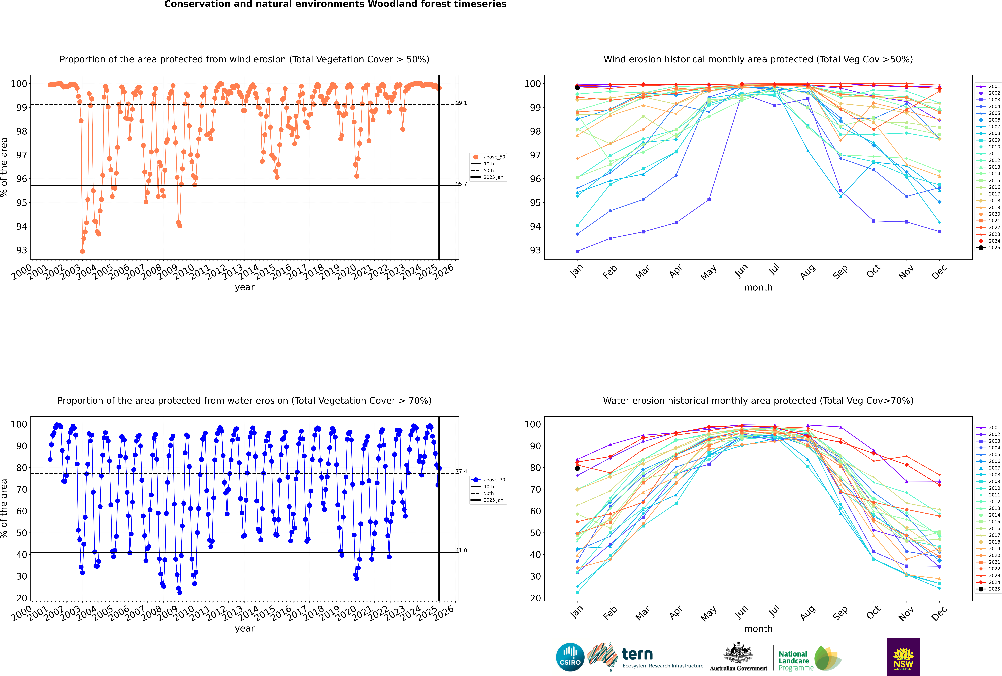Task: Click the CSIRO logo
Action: (x=570, y=657)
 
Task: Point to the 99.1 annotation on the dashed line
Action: (x=461, y=103)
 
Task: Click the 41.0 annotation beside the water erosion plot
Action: (x=461, y=550)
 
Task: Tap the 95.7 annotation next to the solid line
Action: (x=461, y=184)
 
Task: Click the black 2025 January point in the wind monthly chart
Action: (x=577, y=88)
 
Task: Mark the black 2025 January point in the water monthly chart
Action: (x=577, y=468)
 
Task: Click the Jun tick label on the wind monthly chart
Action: (x=741, y=271)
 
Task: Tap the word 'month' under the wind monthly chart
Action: (x=758, y=288)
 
